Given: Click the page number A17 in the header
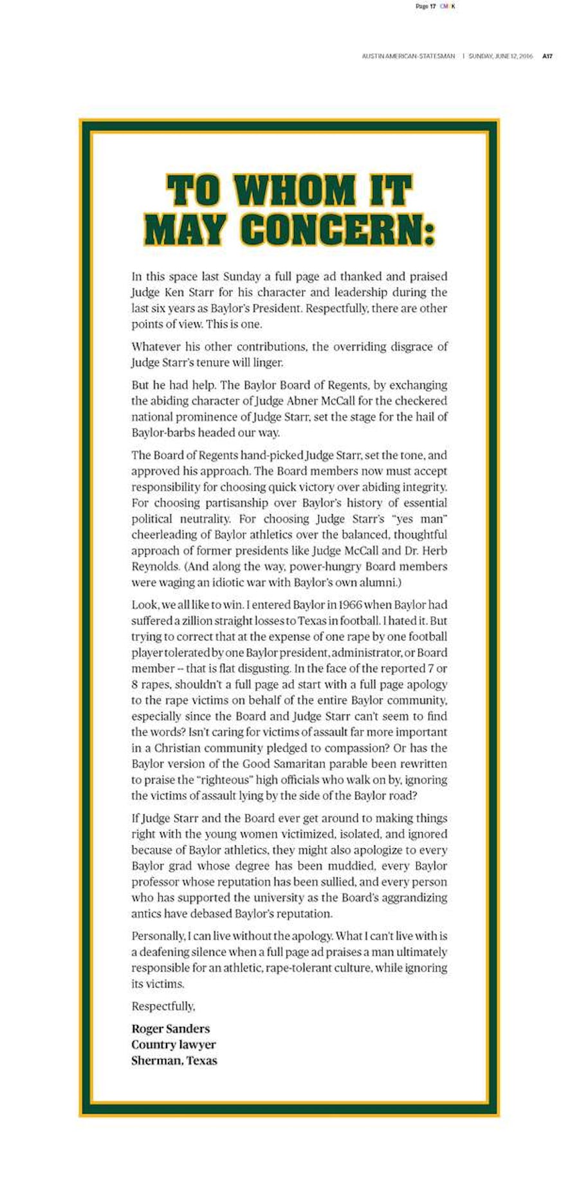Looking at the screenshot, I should tap(547, 57).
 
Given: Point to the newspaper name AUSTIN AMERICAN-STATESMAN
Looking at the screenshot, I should tap(408, 57).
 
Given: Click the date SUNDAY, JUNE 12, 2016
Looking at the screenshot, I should tap(501, 57).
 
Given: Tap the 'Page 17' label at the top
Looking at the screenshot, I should tap(426, 6).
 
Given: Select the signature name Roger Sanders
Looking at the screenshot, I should tap(170, 1029).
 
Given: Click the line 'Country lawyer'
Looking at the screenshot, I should tap(174, 1044).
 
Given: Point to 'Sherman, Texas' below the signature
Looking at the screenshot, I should tap(174, 1060).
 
